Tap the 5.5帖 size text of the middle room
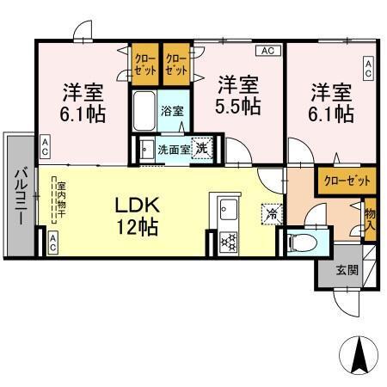[238, 107]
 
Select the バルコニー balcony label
[18, 197]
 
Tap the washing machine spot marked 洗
[200, 148]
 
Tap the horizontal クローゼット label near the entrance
[347, 181]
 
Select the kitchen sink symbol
[228, 208]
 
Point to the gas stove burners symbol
[229, 240]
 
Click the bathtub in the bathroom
[144, 109]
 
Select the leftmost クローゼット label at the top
[143, 63]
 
